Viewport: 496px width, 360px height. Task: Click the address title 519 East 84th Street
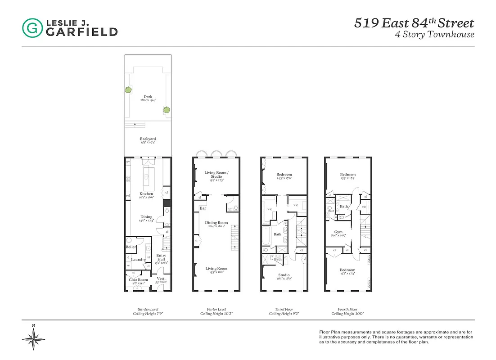[x=414, y=23]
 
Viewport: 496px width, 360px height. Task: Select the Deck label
[x=148, y=97]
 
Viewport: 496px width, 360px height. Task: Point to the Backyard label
[x=148, y=139]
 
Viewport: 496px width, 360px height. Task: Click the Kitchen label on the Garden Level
[x=146, y=194]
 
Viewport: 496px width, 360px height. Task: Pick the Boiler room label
[x=131, y=247]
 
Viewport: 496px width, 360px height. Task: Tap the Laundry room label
[x=138, y=259]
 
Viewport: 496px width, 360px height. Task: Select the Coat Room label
[x=138, y=280]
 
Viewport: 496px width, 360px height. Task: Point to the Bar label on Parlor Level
[x=203, y=208]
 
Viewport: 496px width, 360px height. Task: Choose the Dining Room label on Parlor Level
[x=216, y=223]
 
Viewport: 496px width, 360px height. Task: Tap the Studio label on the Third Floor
[x=284, y=275]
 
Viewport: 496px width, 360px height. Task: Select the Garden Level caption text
[x=148, y=309]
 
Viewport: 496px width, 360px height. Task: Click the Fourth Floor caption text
[x=347, y=309]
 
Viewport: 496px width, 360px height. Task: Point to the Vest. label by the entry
[x=161, y=279]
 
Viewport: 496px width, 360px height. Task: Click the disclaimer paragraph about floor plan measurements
[x=396, y=337]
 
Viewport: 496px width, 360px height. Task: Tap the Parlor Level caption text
[x=216, y=309]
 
